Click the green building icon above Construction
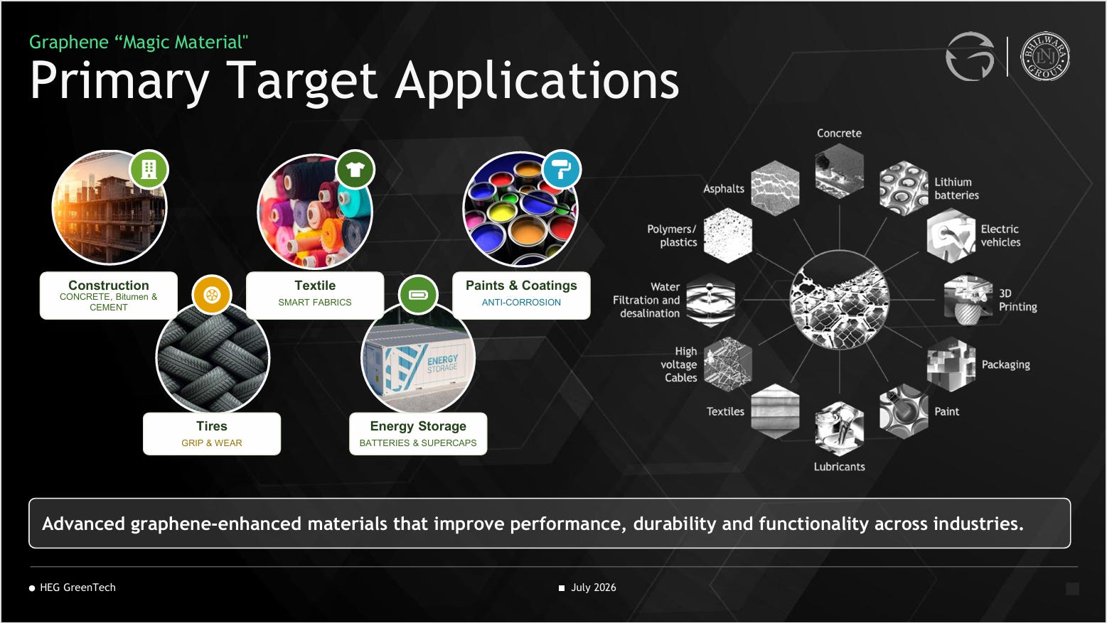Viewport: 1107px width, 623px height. (149, 169)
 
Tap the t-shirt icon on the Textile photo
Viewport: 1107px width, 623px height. (355, 169)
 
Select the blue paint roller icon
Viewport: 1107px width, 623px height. (562, 169)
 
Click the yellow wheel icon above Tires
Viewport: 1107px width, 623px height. (211, 295)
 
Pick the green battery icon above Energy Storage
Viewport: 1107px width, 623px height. (418, 295)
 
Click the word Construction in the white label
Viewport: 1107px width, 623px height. (109, 286)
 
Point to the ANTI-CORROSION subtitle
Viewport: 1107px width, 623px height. (521, 302)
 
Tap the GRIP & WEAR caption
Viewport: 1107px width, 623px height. (211, 443)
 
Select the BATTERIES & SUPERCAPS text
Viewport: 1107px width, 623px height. (418, 443)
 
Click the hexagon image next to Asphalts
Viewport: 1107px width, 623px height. (775, 188)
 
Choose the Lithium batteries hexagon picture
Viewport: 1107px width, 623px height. (904, 188)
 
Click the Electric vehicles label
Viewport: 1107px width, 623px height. (1000, 235)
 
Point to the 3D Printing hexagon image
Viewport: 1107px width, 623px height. (968, 300)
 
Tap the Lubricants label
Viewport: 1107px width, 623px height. (839, 467)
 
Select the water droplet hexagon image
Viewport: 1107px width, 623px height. (711, 300)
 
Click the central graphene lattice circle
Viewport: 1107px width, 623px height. (839, 300)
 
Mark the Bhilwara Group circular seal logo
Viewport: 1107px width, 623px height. (1045, 56)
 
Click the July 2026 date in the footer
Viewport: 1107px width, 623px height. (594, 587)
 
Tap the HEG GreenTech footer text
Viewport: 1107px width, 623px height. (77, 587)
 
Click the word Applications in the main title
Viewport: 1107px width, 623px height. (538, 80)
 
